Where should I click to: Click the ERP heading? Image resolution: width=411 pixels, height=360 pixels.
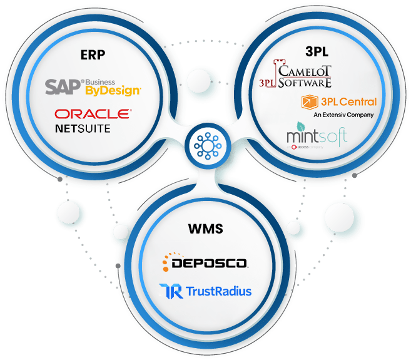(92, 54)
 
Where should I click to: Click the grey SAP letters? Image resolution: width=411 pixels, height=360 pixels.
(63, 86)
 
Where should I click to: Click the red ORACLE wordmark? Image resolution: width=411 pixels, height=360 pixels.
(93, 114)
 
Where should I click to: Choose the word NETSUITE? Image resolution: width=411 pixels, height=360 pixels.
(83, 128)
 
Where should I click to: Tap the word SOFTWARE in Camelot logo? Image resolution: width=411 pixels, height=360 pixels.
(305, 82)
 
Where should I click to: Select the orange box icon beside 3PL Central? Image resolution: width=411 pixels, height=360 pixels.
(307, 102)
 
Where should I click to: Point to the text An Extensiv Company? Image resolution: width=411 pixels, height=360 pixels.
(343, 115)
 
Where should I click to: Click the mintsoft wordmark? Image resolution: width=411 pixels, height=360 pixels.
(316, 136)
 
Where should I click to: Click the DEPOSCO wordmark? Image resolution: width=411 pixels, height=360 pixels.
(213, 264)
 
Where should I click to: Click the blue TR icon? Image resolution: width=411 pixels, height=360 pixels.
(171, 291)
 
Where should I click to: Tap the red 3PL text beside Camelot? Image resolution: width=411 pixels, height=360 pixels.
(268, 82)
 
